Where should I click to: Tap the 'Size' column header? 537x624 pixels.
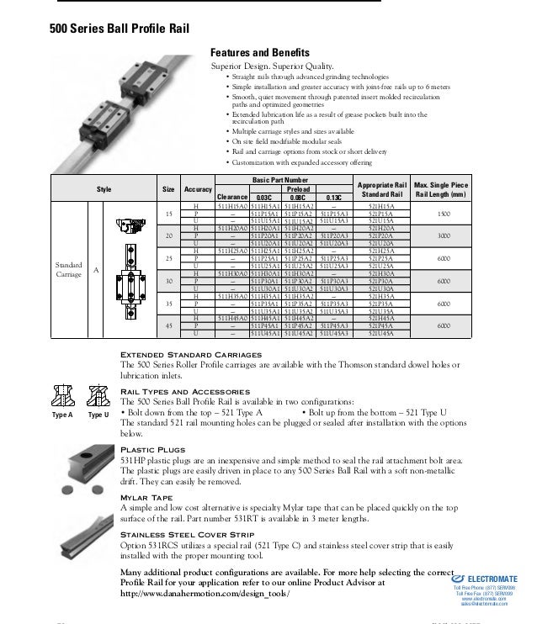(168, 190)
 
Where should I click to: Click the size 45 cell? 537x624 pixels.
(168, 325)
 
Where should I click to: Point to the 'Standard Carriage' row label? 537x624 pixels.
(69, 269)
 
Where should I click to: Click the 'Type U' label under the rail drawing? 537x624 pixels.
(98, 415)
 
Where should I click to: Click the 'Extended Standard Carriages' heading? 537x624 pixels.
(191, 355)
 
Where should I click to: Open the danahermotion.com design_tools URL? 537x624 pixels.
(205, 593)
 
